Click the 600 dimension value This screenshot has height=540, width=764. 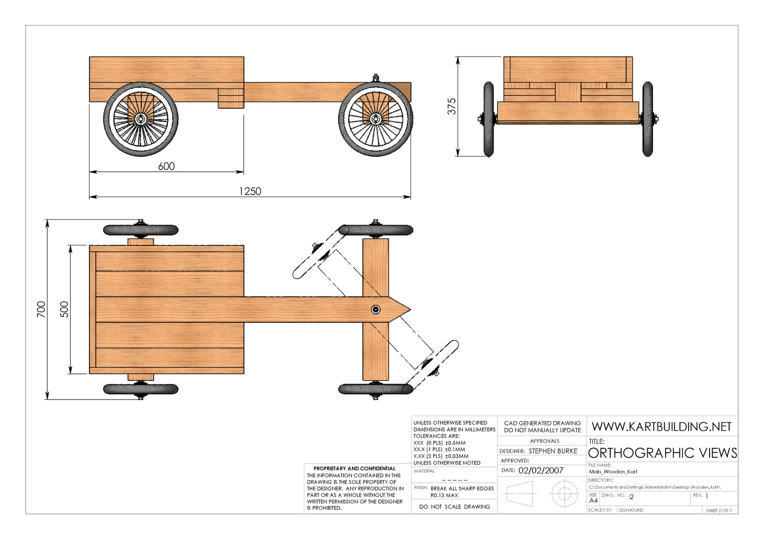[166, 166]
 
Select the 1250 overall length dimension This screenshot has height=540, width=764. [250, 191]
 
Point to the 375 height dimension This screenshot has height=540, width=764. [452, 106]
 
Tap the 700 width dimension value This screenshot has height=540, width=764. [41, 309]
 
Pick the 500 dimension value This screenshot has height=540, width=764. [64, 309]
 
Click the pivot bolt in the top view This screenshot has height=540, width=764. [376, 310]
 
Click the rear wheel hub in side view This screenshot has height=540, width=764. [140, 118]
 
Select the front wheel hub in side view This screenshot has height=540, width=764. [375, 118]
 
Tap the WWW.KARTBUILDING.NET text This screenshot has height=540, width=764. [661, 426]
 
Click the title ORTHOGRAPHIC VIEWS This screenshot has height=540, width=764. [662, 453]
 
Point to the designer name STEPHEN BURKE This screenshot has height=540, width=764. [552, 451]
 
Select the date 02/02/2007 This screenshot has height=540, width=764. [541, 470]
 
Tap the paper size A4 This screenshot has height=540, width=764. [593, 500]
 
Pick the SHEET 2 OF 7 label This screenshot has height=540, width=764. [719, 510]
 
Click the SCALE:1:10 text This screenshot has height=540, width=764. [599, 510]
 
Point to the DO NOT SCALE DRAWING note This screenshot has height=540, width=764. [454, 507]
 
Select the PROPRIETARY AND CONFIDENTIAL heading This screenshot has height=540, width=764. [354, 468]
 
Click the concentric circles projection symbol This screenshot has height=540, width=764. [564, 493]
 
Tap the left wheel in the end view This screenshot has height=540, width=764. [488, 119]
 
